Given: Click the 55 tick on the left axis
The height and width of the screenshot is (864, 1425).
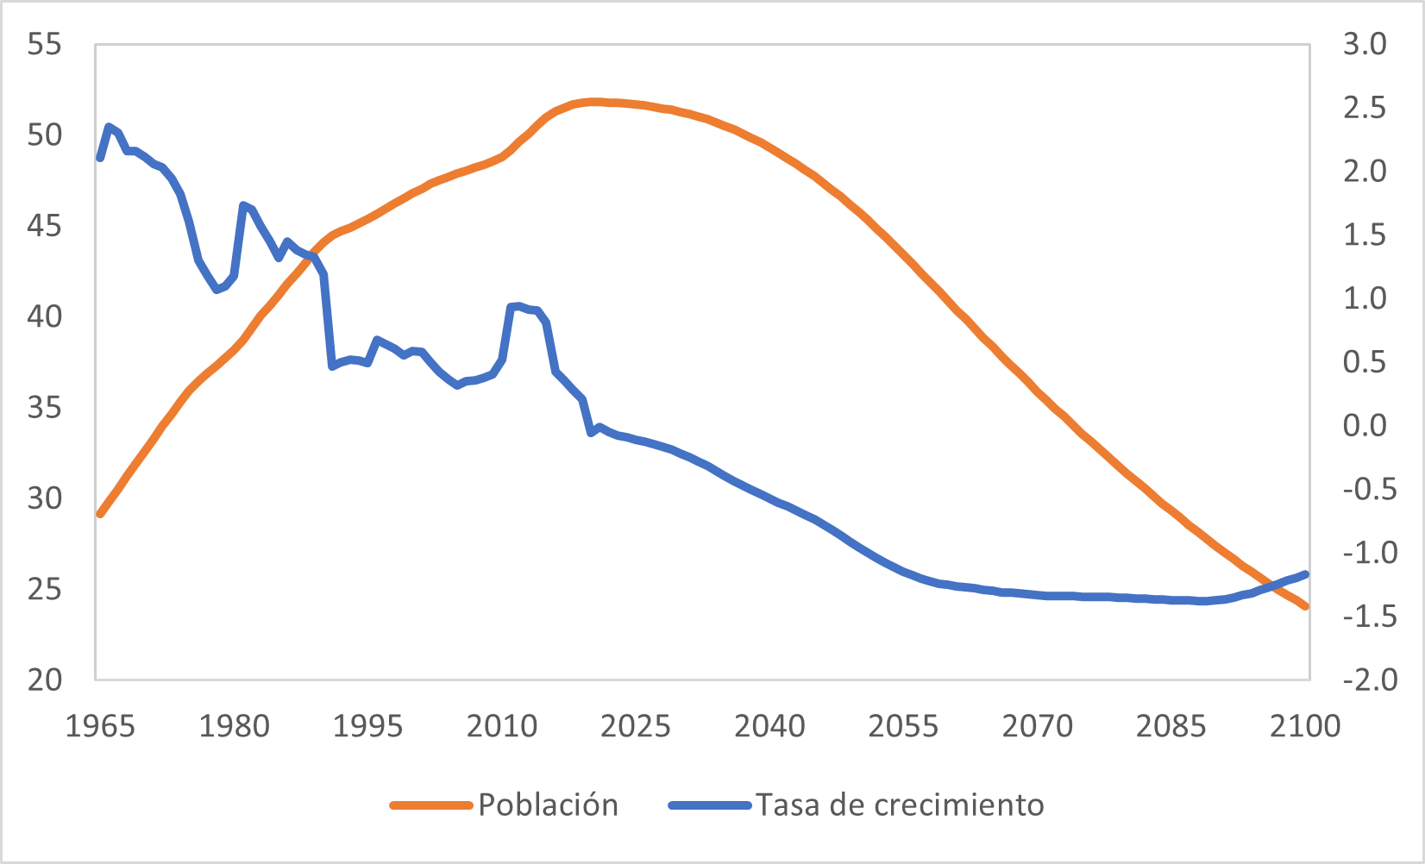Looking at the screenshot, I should tap(45, 44).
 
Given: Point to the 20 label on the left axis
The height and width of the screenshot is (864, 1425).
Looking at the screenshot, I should tap(45, 680).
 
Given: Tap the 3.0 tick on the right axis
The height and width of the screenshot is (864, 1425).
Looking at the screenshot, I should tap(1364, 44).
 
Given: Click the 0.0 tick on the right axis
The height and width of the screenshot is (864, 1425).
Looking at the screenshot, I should tap(1364, 425).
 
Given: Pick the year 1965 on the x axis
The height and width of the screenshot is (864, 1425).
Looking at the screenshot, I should tap(100, 726).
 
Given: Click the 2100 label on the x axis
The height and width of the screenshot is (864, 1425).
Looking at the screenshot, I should tap(1305, 726).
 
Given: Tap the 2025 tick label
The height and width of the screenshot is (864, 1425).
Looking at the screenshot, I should tap(636, 726).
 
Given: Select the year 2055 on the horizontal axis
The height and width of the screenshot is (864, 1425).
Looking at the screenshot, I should tap(903, 726).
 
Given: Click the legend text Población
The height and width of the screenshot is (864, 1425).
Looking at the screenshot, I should tap(548, 805).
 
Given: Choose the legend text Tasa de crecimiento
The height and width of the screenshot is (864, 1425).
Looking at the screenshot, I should tap(900, 805).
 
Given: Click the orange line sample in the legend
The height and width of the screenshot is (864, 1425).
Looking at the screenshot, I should tap(431, 805).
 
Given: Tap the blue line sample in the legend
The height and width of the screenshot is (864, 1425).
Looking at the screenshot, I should tap(710, 805).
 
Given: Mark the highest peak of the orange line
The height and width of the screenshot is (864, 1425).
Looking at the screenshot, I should tap(593, 101).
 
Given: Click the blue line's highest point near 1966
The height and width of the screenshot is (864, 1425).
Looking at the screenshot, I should tap(109, 127).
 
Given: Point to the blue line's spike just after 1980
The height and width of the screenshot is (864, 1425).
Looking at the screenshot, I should tap(243, 204).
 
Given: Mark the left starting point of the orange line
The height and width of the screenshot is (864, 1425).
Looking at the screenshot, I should tap(100, 514).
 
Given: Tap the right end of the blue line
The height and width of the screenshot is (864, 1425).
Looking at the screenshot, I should tap(1306, 573).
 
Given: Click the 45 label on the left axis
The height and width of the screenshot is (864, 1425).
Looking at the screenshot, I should tap(45, 226).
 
